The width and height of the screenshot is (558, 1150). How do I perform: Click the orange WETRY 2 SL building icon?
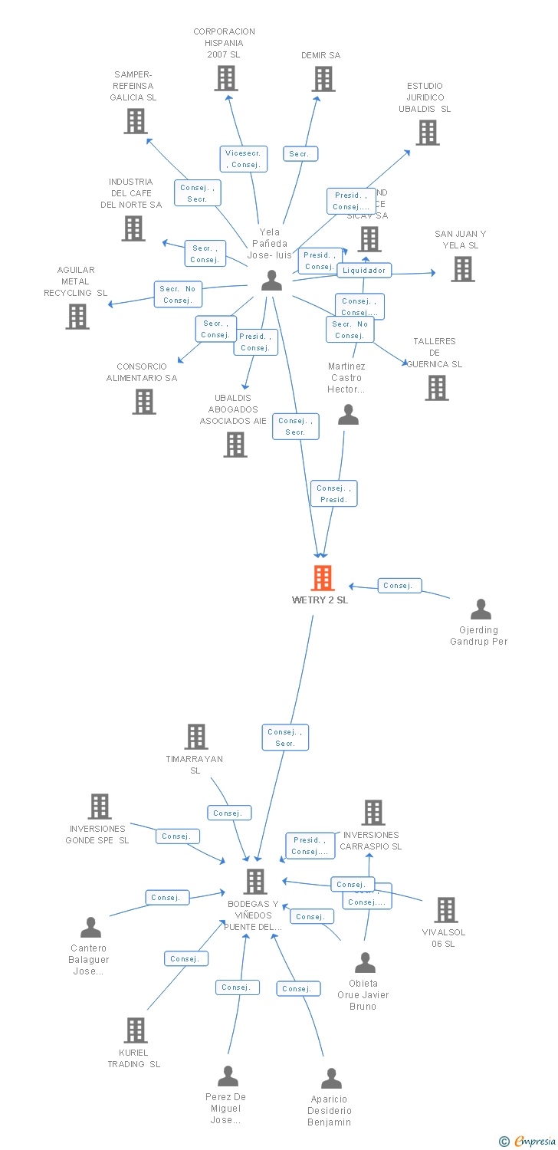point(323,578)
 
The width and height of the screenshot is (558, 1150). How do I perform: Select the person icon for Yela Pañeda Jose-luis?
point(271,281)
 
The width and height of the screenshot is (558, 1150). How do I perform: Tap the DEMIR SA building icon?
point(323,79)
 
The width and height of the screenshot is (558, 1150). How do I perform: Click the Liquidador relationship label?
point(365,270)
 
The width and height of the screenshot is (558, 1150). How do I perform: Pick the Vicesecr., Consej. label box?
point(244,159)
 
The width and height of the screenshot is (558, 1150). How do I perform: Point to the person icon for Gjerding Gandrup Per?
point(481,609)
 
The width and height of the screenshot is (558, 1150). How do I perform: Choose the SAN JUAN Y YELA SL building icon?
point(462,269)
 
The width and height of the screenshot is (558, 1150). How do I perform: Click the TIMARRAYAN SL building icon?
point(196,737)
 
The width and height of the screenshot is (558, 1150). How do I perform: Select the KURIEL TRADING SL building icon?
point(136,1030)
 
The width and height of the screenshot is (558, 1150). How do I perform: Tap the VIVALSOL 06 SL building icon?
point(445,910)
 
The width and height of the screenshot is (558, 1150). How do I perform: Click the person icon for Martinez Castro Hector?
point(349,415)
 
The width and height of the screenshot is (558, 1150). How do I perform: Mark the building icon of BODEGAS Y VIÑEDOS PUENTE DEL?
point(255,882)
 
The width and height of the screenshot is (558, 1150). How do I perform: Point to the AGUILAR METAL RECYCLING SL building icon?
point(77,317)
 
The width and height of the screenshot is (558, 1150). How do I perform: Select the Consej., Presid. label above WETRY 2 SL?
point(333,494)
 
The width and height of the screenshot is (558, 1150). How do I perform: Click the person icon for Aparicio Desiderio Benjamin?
point(331,1079)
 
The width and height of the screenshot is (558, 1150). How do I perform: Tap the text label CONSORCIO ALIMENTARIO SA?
point(141,373)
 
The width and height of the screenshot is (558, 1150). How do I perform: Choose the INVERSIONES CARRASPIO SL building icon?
point(373,813)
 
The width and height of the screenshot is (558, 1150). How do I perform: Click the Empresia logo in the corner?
point(526,1142)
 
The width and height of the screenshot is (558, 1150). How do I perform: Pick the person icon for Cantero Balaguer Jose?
point(90,928)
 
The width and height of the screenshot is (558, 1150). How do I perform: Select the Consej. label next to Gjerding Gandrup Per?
point(398,586)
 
